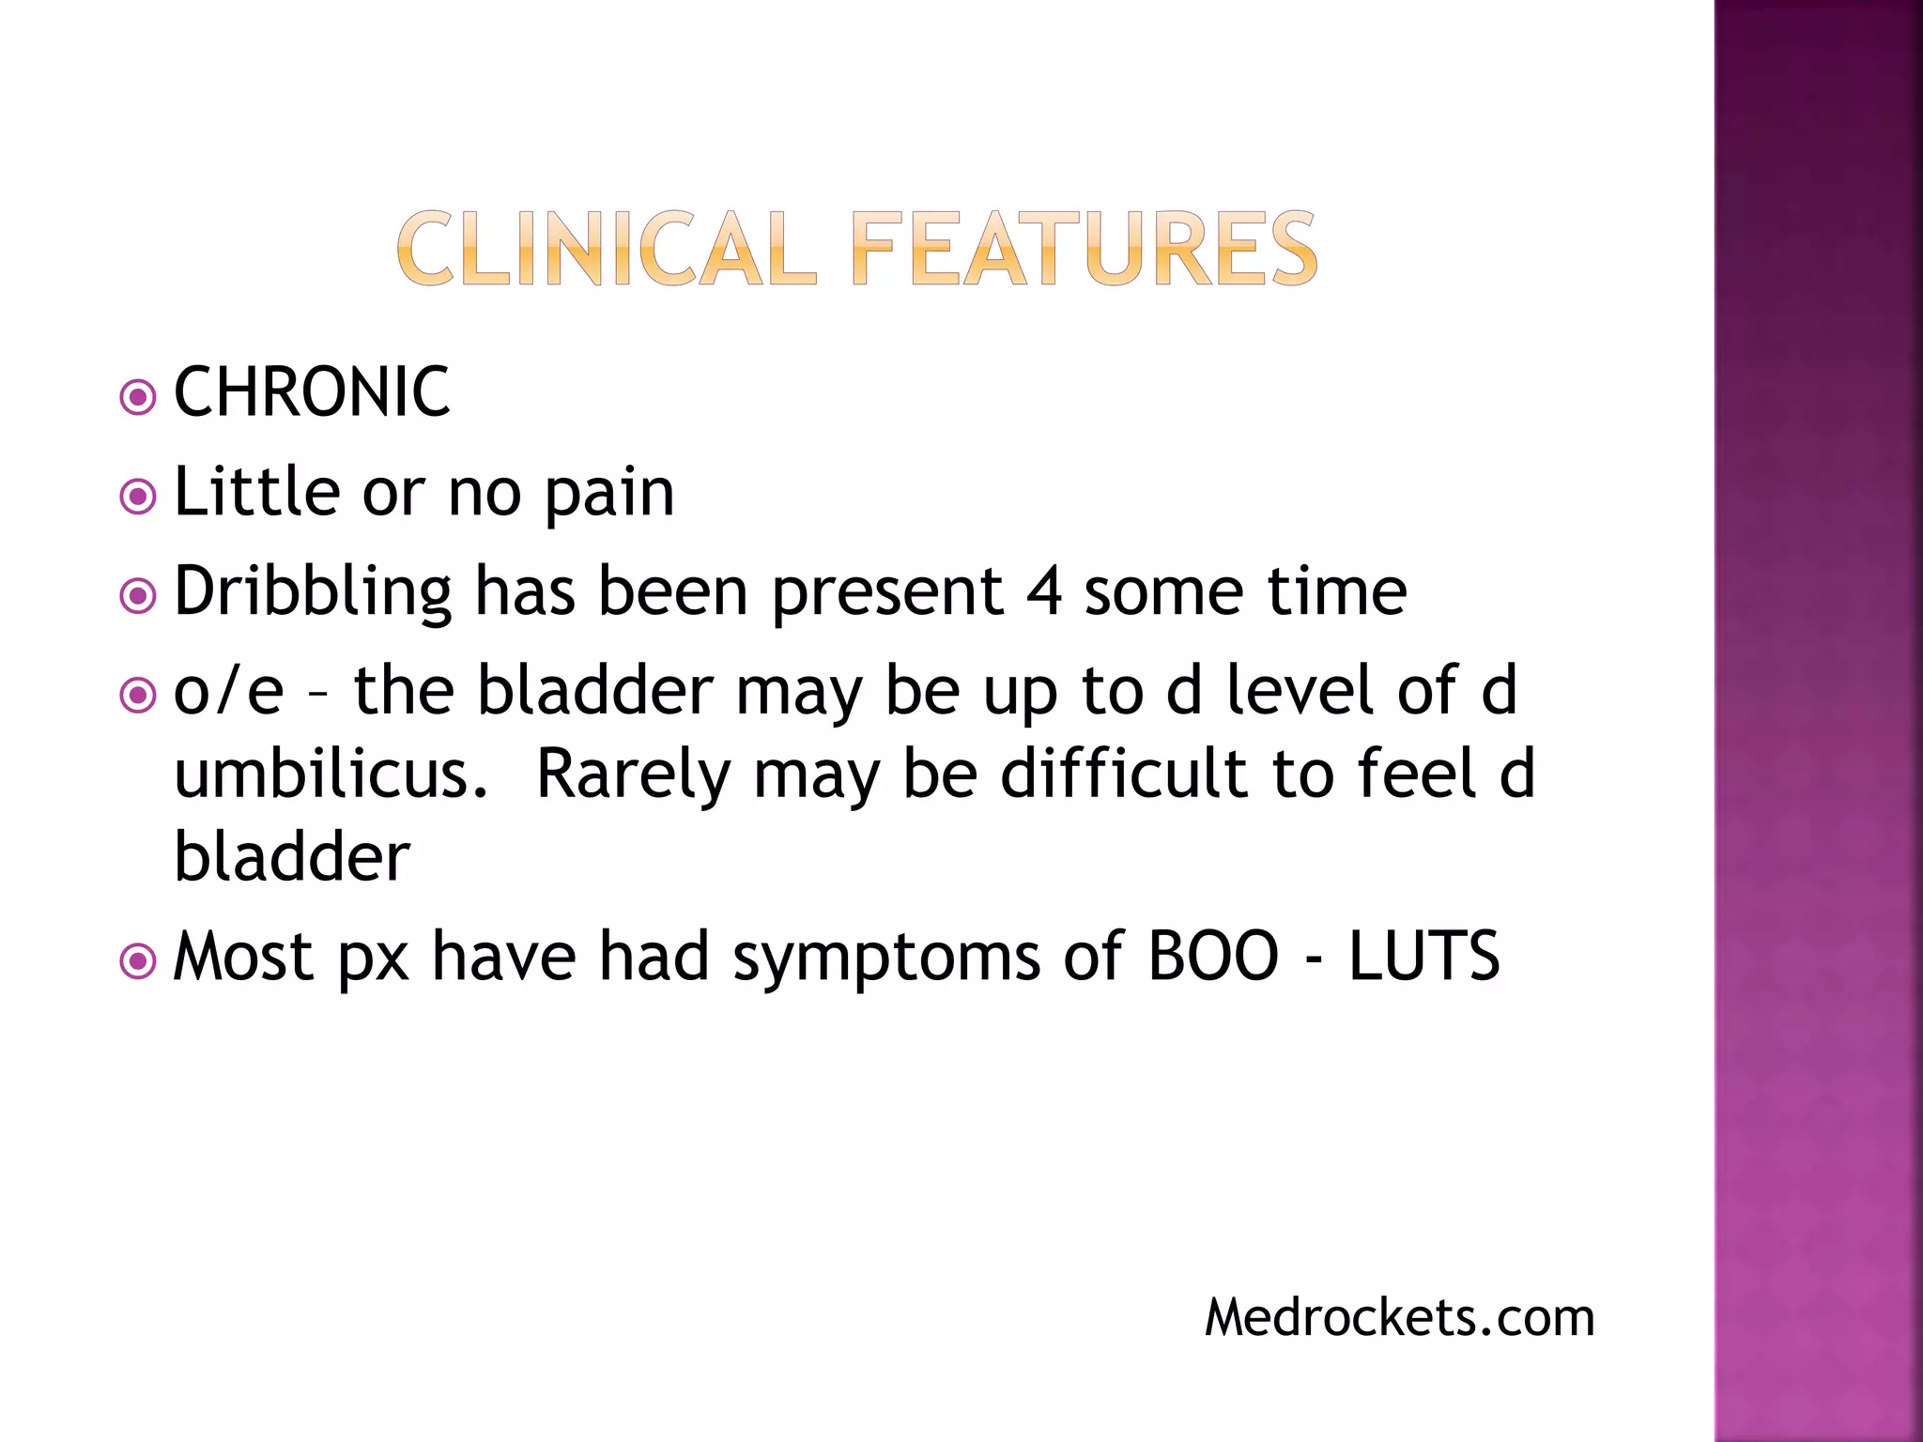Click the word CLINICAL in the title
(606, 249)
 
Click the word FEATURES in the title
(1085, 249)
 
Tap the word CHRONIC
(312, 392)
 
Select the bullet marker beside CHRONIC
(138, 397)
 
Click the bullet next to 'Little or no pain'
(138, 497)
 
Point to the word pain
(609, 494)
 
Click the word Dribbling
(314, 593)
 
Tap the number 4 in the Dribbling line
(1044, 592)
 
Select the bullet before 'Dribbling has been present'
(138, 596)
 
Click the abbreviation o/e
(228, 690)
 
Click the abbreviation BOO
(1213, 957)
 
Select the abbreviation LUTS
(1423, 957)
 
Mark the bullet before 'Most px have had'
(138, 961)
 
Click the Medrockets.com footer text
(1399, 1317)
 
